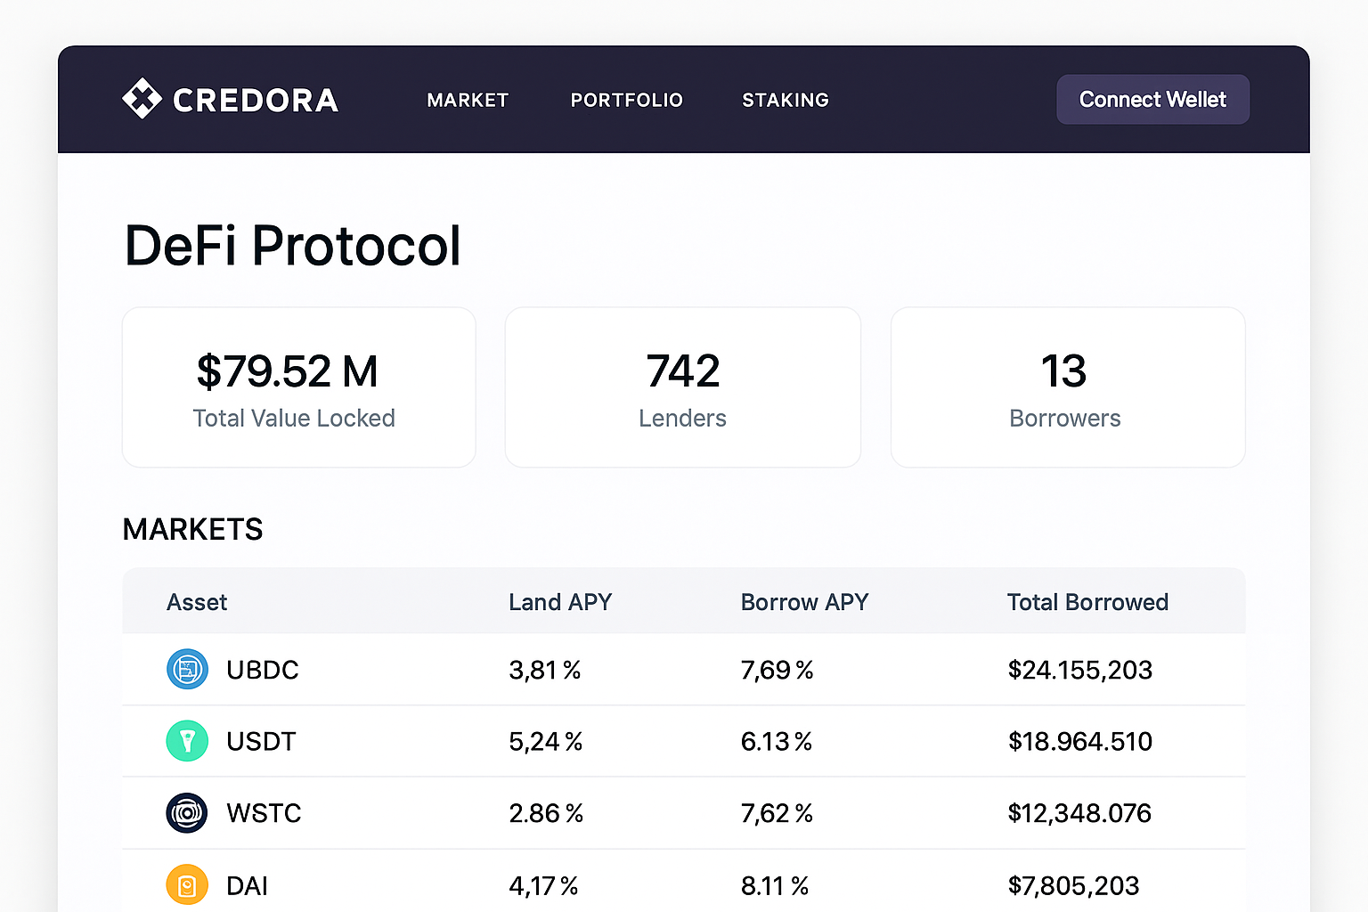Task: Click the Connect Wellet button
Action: point(1152,100)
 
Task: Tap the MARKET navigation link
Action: point(468,101)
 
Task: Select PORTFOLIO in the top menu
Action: point(626,101)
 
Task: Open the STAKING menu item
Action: point(786,101)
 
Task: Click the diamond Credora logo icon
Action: point(142,99)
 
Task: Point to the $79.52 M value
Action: point(287,371)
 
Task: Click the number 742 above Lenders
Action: point(683,371)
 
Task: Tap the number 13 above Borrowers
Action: point(1064,371)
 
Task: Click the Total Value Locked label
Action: point(294,419)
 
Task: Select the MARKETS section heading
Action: point(192,530)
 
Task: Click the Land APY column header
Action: point(560,603)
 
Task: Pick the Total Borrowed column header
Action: point(1087,603)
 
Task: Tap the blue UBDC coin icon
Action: point(187,670)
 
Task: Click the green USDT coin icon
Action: point(187,741)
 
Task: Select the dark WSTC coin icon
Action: point(187,813)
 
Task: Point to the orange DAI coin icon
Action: point(187,885)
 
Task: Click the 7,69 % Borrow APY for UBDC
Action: point(777,671)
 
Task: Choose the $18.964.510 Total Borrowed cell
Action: point(1079,742)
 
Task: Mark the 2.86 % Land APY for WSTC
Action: point(545,814)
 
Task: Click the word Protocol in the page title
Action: point(356,246)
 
